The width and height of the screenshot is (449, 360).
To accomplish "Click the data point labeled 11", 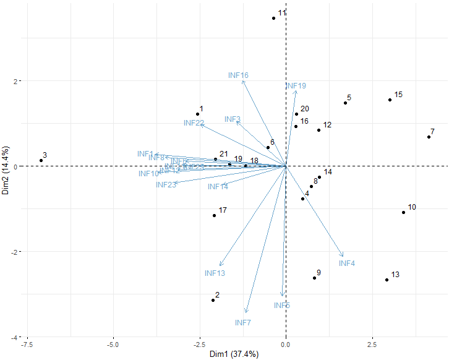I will [x=273, y=18].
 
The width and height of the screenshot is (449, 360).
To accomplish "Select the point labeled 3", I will [x=41, y=160].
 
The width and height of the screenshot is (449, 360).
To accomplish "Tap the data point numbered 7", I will [x=429, y=137].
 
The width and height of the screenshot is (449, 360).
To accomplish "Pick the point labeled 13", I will [x=387, y=280].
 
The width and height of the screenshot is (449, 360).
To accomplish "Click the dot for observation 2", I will [x=213, y=300].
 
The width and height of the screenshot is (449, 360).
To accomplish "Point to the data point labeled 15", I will [x=390, y=100].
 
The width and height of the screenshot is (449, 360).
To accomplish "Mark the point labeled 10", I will [x=403, y=212].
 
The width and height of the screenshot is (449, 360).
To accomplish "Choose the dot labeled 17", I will [x=215, y=215].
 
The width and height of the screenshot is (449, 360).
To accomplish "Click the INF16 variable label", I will [x=238, y=75].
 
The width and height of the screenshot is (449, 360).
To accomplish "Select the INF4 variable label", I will [x=347, y=264].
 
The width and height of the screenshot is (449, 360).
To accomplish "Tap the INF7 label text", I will [x=243, y=323].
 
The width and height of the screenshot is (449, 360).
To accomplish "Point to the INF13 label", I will [x=215, y=273].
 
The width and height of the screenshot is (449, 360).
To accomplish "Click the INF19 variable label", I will [x=296, y=86].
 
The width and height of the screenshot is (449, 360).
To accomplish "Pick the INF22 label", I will [x=194, y=123].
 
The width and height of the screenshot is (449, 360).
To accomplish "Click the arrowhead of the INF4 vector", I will [x=343, y=257].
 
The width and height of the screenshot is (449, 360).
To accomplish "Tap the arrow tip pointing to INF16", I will [x=242, y=80].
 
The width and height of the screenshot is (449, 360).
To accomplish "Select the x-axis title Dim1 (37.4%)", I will [x=233, y=354].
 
